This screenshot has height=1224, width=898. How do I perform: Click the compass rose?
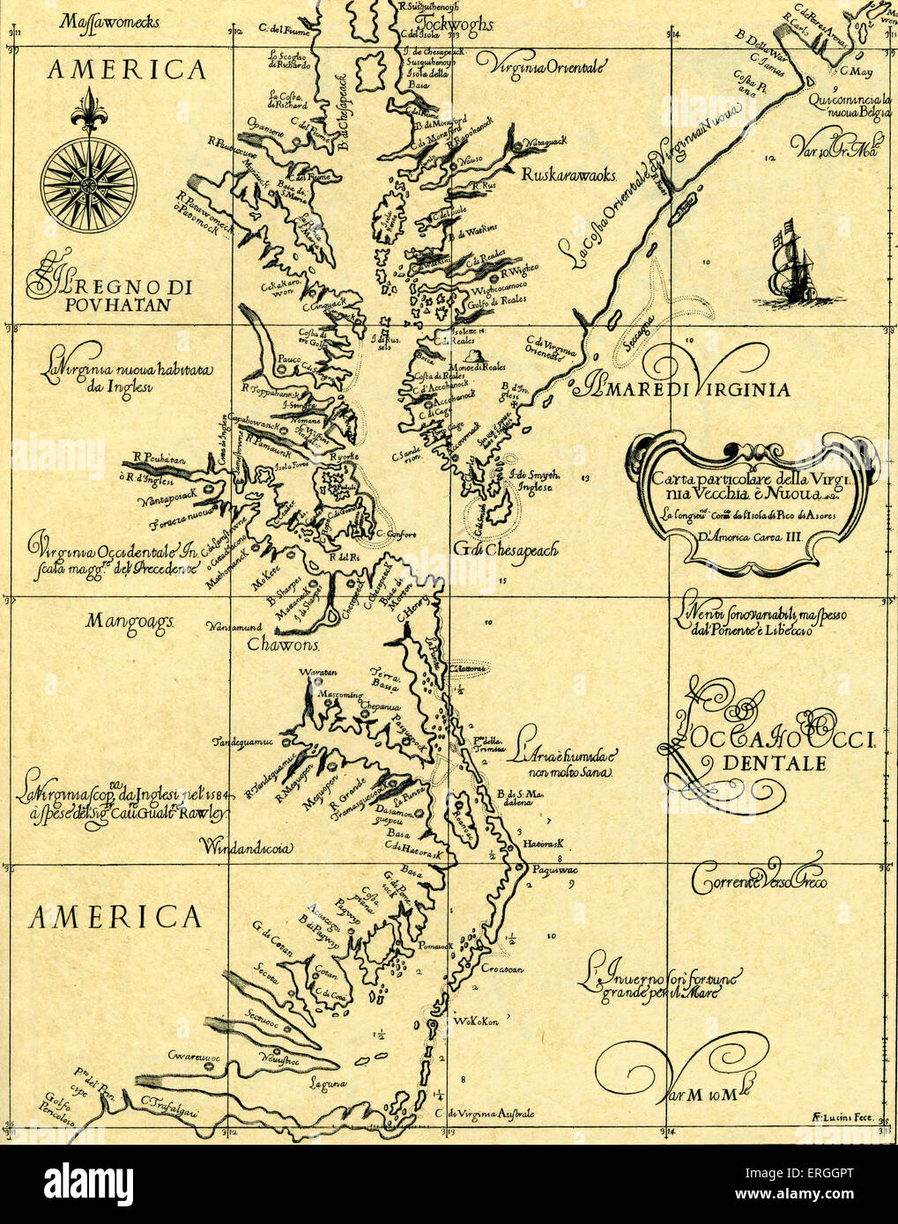click(88, 184)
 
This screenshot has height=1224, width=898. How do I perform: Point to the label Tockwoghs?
click(454, 22)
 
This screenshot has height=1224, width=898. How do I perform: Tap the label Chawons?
click(280, 645)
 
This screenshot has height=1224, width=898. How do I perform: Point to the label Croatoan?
click(501, 969)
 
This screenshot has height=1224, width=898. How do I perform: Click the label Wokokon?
click(476, 1021)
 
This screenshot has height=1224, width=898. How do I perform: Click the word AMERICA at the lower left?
click(115, 918)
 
